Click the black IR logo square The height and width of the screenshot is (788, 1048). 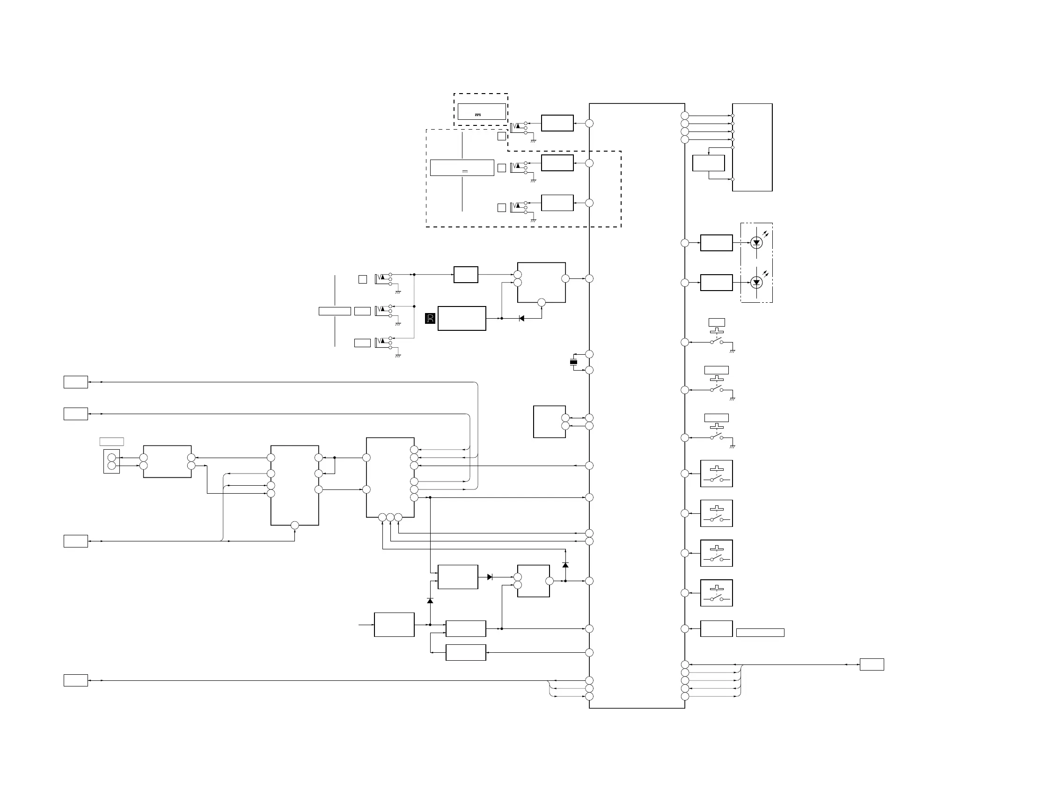coord(430,318)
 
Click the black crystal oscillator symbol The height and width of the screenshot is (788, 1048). coord(573,362)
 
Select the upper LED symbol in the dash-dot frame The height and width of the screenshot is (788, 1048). coord(756,243)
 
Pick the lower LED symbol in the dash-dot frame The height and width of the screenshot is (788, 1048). coord(756,283)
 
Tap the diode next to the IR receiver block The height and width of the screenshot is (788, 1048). coord(521,318)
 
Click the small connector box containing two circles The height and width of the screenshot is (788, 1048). coord(112,462)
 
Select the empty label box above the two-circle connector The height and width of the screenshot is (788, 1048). coord(112,442)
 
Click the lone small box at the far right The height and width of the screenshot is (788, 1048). coord(872,664)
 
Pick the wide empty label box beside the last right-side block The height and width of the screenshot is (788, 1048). coord(760,633)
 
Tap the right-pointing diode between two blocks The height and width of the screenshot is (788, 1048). coord(490,577)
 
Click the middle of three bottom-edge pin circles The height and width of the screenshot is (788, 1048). coord(390,517)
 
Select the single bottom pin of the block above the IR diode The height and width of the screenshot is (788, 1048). coord(542,302)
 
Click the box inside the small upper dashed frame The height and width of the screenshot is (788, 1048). coord(481,112)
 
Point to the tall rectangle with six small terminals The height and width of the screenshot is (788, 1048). coord(752,147)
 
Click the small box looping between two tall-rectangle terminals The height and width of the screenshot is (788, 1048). coord(708,163)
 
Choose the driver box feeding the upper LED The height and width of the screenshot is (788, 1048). coord(716,243)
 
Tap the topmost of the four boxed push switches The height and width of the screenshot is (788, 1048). coord(716,474)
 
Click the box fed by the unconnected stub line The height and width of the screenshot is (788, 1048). coord(394,625)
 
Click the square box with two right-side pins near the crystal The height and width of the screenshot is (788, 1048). coord(549,422)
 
